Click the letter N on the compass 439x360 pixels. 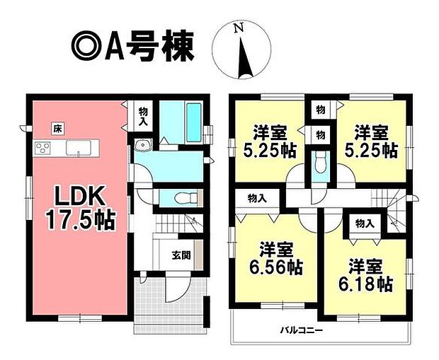coord(239,28)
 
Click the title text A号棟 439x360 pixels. coord(149,46)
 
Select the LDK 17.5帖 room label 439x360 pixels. coord(81,207)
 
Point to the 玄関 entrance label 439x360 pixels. coord(181,255)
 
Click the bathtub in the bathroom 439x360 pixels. coord(194,122)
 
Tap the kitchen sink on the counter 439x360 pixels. coord(79,148)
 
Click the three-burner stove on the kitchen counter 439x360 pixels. coord(42,148)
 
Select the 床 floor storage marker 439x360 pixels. coord(58,129)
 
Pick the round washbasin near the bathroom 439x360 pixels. coord(143,145)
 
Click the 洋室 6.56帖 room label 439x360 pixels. coord(276,258)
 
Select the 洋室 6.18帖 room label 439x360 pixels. coord(365,275)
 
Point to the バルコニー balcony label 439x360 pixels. coord(302,331)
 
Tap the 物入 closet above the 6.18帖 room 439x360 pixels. coord(365,223)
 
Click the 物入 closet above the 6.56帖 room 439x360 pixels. coord(257,199)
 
